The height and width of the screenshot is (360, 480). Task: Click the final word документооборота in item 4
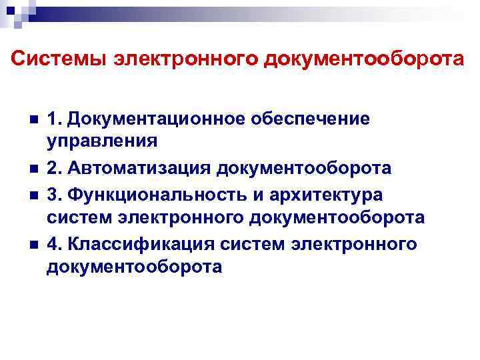pos(134,267)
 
